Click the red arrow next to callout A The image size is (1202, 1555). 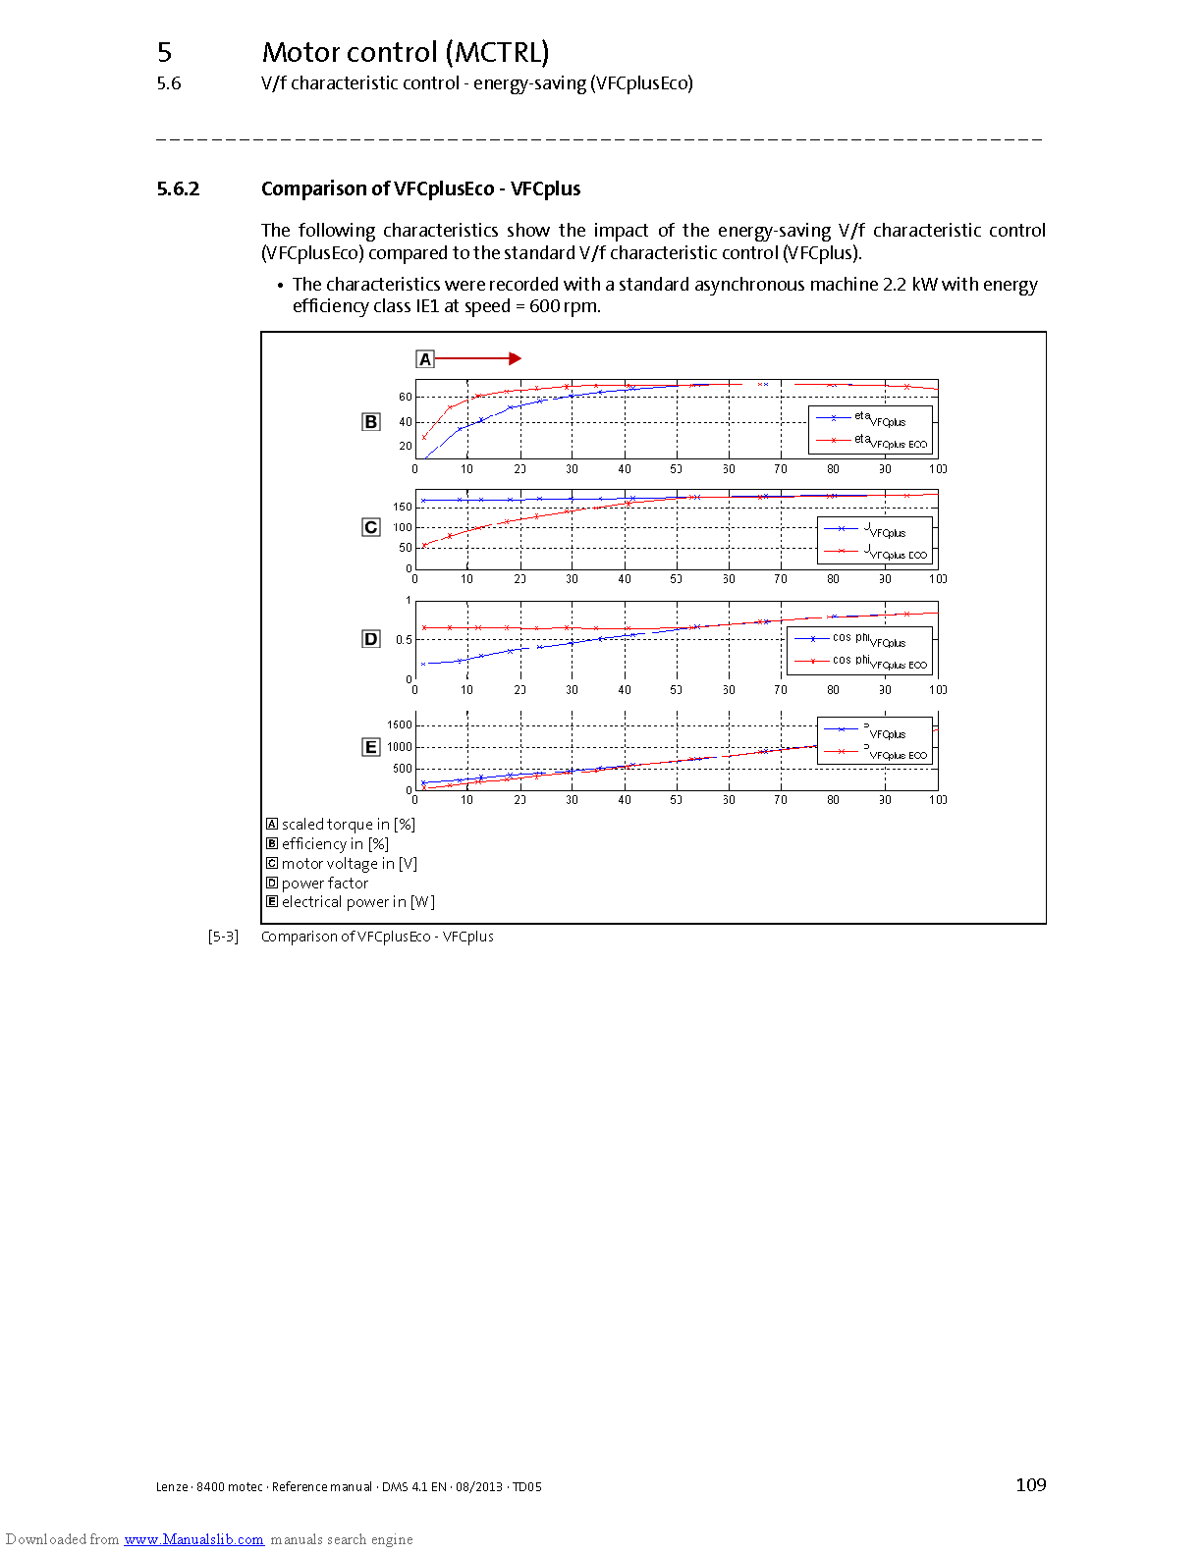477,359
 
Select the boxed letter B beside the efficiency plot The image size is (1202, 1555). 370,422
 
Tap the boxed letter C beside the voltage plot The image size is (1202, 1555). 370,527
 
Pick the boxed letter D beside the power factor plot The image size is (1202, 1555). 370,639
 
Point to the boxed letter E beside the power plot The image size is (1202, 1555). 370,747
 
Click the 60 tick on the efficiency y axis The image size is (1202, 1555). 406,398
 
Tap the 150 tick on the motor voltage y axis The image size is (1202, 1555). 403,508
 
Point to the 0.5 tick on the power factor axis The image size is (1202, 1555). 404,640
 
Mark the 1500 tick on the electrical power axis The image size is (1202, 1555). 400,725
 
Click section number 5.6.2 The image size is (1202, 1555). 178,189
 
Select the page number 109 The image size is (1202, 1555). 1030,1485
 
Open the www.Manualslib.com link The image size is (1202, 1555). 193,1539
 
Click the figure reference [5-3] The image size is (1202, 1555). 223,937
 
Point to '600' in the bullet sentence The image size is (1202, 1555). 544,306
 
